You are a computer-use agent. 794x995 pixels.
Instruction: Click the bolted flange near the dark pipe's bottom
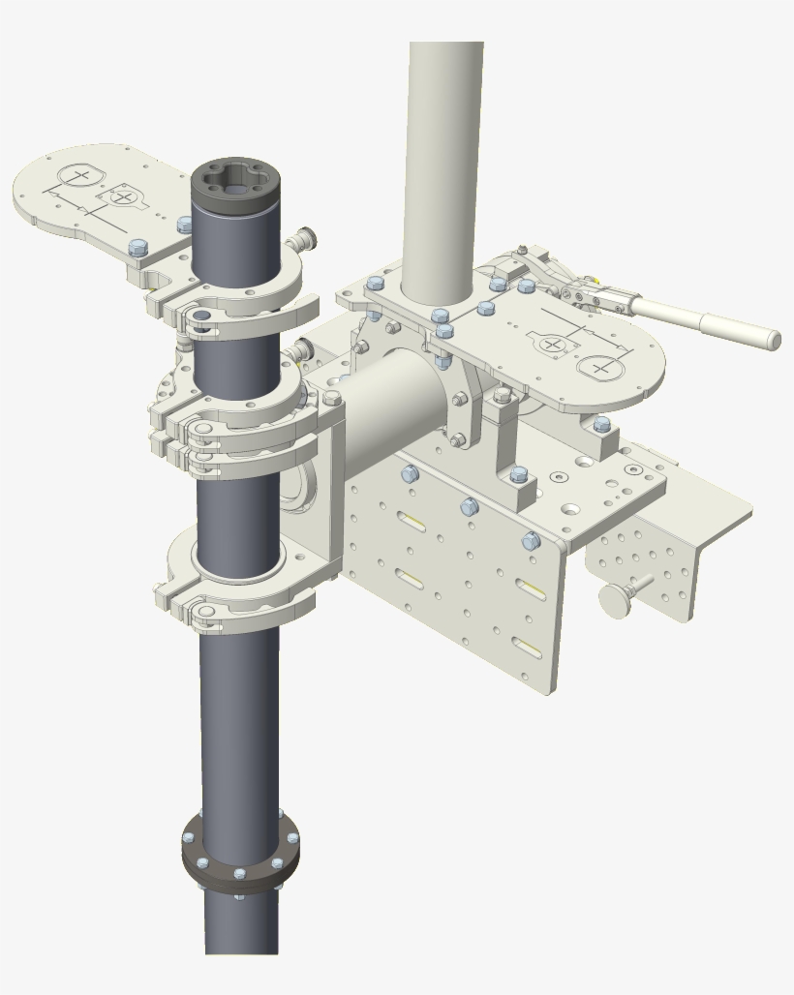(240, 851)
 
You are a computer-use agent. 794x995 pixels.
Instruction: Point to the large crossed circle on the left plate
(80, 176)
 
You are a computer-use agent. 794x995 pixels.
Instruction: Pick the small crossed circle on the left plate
(122, 197)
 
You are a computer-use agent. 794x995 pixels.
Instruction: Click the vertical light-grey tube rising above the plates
(443, 165)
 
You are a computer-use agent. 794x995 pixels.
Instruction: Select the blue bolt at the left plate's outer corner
(137, 248)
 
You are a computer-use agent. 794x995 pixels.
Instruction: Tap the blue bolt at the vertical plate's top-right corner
(531, 541)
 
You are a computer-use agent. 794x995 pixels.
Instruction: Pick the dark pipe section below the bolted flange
(242, 924)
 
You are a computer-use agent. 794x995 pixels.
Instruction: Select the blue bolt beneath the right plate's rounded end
(602, 424)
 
